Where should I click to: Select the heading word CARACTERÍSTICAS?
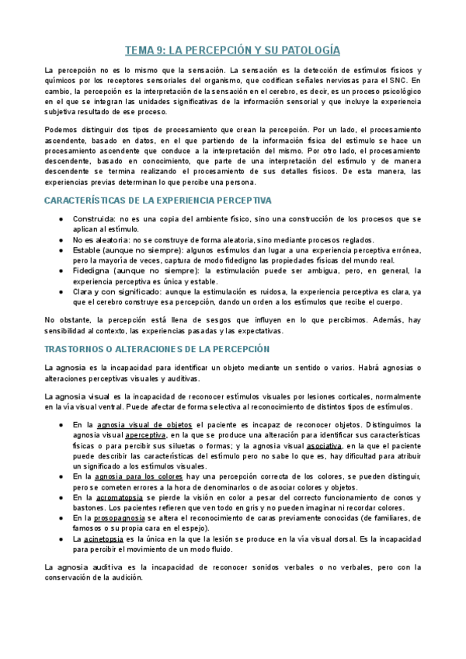tap(83, 200)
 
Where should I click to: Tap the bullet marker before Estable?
tap(61, 250)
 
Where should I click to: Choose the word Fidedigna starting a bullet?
tap(92, 270)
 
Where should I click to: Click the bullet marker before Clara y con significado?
tap(61, 291)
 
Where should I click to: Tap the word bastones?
tap(85, 507)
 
